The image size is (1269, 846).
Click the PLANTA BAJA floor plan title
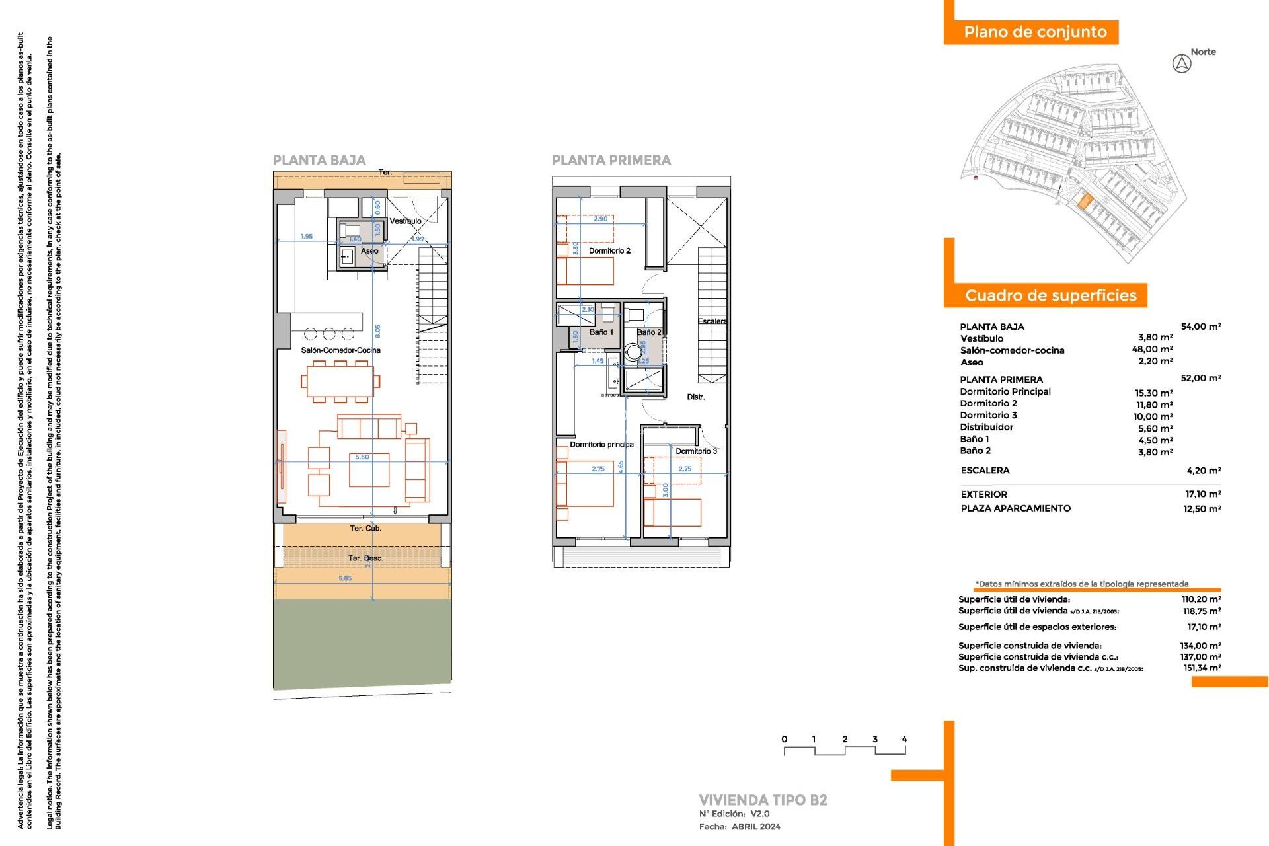(x=319, y=160)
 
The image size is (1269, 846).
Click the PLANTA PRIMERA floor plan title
(x=611, y=160)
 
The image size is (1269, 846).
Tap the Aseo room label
(x=369, y=251)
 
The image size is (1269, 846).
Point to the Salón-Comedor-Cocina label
(x=340, y=350)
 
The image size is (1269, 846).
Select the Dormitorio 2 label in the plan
(x=609, y=251)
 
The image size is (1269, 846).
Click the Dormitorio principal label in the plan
(x=602, y=445)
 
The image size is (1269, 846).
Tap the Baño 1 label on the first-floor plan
(x=601, y=332)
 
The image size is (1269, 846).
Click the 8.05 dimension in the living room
(x=377, y=330)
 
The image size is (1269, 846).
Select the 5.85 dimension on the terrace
(x=345, y=578)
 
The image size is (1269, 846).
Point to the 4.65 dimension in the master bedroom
(x=621, y=467)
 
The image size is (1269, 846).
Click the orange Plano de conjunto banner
(x=1034, y=32)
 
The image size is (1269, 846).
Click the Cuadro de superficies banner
(x=1050, y=295)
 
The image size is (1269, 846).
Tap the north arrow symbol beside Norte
(x=1181, y=64)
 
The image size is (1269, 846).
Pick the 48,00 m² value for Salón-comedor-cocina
(x=1152, y=350)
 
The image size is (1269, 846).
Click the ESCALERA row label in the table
(x=985, y=471)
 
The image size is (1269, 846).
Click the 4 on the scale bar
(x=904, y=739)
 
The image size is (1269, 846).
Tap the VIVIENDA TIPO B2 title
(x=763, y=800)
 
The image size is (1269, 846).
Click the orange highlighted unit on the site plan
(x=1084, y=201)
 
